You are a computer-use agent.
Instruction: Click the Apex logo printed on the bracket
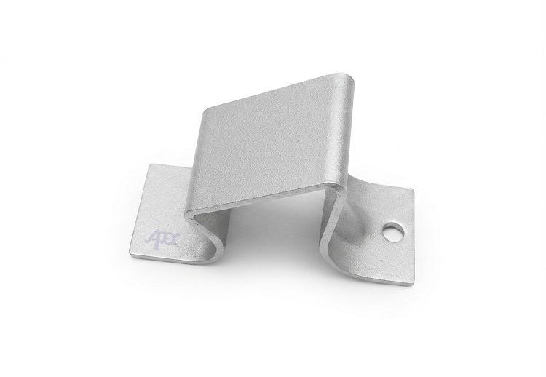pyautogui.click(x=162, y=239)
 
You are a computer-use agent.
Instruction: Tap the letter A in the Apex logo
pyautogui.click(x=151, y=240)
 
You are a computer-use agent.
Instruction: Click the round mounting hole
pyautogui.click(x=393, y=232)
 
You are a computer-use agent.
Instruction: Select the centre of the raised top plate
pyautogui.click(x=272, y=141)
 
